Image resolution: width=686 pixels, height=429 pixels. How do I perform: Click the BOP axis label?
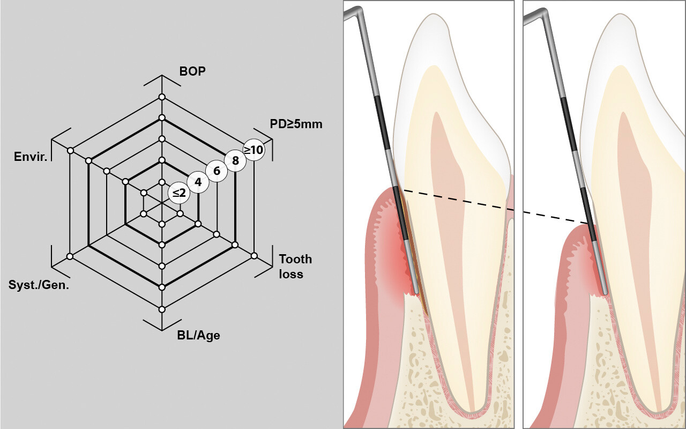(x=192, y=71)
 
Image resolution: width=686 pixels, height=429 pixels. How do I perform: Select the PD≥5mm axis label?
(x=296, y=124)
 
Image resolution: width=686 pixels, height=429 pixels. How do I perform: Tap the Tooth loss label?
(x=295, y=267)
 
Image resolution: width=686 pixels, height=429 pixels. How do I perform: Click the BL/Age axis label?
(x=198, y=336)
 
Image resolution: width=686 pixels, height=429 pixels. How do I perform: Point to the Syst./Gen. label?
(x=39, y=285)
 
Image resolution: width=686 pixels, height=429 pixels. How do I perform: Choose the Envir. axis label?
(x=31, y=157)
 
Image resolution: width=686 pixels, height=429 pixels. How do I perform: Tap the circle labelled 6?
(x=217, y=171)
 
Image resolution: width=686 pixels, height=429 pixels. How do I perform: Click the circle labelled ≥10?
(x=253, y=150)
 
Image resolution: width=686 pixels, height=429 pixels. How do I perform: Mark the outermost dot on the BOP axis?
(x=161, y=97)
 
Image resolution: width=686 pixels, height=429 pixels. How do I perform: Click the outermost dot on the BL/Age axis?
(x=162, y=309)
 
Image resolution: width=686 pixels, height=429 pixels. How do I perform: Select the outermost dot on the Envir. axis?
(x=70, y=151)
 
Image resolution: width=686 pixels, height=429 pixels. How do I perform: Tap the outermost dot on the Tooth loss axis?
(x=253, y=256)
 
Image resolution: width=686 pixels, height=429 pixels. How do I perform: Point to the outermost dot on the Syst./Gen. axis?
(x=70, y=256)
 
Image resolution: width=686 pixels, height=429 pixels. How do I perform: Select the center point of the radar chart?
(x=161, y=203)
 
